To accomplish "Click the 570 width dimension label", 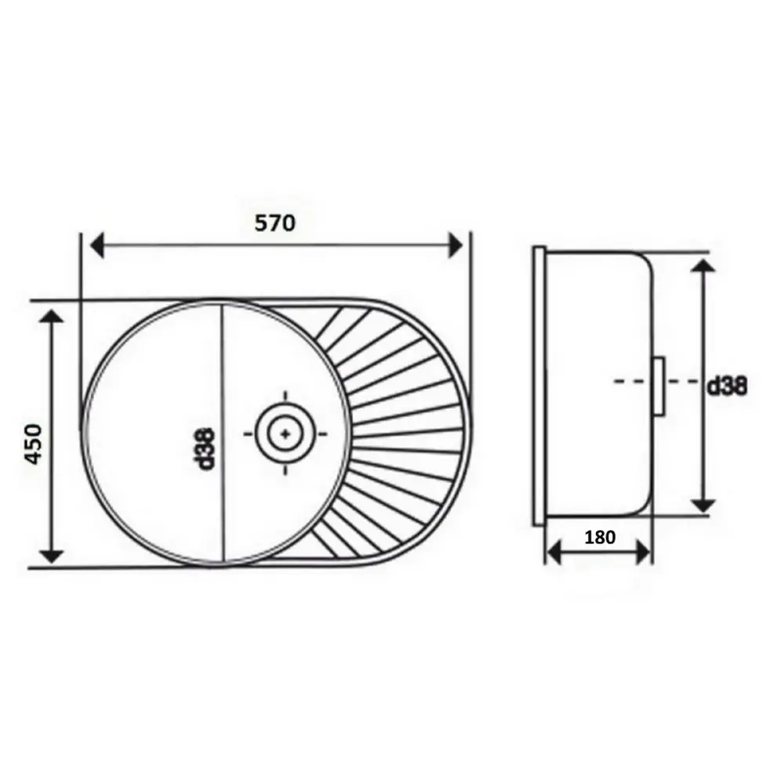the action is click(275, 223).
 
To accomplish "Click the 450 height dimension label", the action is click(34, 444).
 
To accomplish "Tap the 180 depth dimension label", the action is click(600, 538).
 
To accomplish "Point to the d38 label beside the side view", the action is click(727, 386).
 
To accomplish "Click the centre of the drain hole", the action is click(285, 434).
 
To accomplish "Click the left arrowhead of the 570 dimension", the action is click(97, 245).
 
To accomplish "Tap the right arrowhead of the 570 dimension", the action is click(456, 245).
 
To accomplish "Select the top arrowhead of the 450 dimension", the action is click(51, 316).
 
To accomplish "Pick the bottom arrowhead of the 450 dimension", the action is click(51, 556).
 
